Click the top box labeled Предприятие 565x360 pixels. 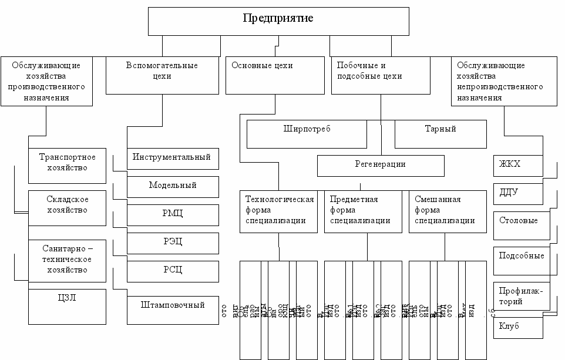click(x=278, y=21)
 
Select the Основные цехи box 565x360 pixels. click(x=274, y=75)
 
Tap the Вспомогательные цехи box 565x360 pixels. click(x=162, y=75)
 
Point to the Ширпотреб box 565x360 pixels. click(x=307, y=134)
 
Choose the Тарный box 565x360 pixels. click(x=440, y=134)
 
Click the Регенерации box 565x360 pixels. click(x=381, y=165)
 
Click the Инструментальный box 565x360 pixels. click(x=173, y=158)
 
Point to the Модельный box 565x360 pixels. click(x=173, y=186)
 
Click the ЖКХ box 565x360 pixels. click(x=517, y=165)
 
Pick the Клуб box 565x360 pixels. click(x=517, y=326)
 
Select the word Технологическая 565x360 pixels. click(x=280, y=199)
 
